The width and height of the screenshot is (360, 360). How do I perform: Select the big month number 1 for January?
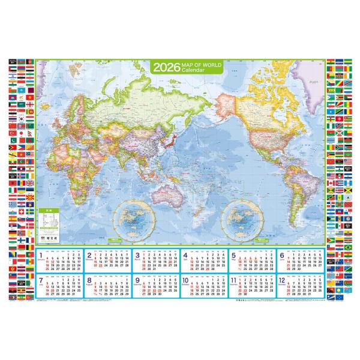point(40,256)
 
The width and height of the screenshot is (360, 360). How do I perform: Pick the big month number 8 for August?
point(89,280)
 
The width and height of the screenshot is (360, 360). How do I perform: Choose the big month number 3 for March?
point(138,256)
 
